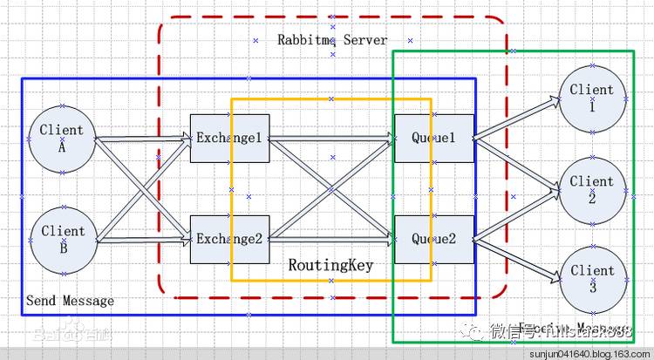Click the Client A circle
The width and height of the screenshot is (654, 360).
(x=62, y=138)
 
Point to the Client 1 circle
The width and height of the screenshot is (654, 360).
(x=591, y=97)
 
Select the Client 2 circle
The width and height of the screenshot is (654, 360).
(x=591, y=188)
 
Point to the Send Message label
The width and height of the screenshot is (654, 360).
(x=70, y=301)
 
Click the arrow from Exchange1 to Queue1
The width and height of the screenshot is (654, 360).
(x=331, y=138)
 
